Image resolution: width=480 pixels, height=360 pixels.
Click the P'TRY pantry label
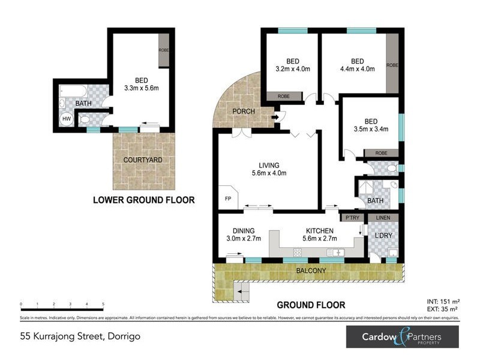click(x=349, y=217)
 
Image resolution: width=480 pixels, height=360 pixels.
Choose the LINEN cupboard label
click(x=383, y=217)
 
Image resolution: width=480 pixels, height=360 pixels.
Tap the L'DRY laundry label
click(x=383, y=235)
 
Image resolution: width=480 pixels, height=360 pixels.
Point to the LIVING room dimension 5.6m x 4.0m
click(x=269, y=174)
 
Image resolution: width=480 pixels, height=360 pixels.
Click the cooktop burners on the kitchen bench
click(x=297, y=253)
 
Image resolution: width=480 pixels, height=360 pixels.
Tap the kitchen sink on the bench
click(x=337, y=253)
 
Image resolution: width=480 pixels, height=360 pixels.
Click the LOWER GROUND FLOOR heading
click(x=143, y=200)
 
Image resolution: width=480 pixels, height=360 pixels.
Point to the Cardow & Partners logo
click(x=402, y=337)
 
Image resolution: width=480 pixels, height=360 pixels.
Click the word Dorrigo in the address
click(x=124, y=337)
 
